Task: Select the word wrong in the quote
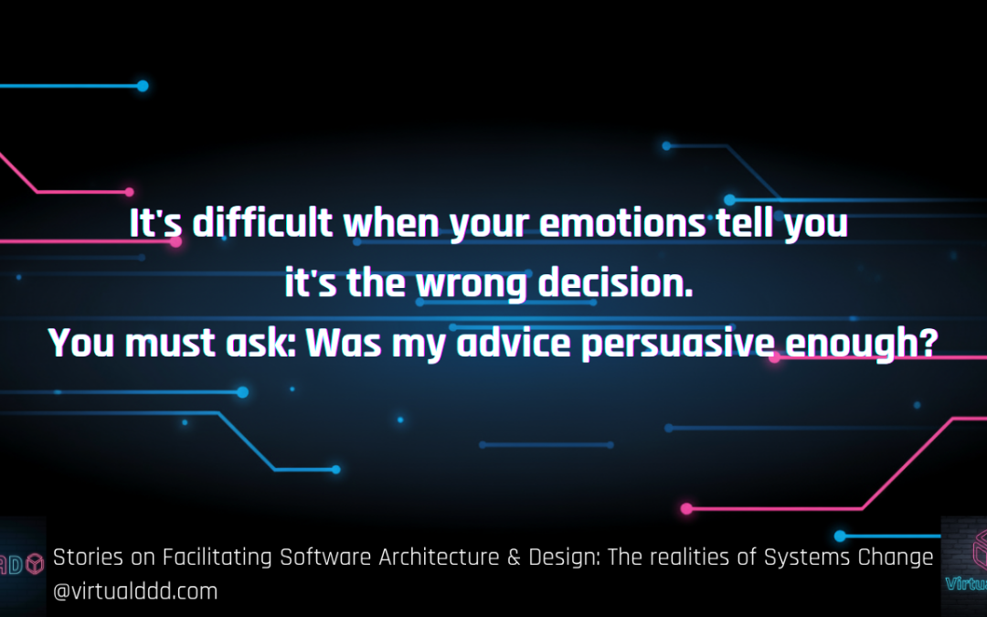(x=472, y=284)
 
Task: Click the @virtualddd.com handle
(x=135, y=591)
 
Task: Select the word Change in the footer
(x=898, y=557)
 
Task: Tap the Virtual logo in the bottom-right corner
(x=964, y=566)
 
